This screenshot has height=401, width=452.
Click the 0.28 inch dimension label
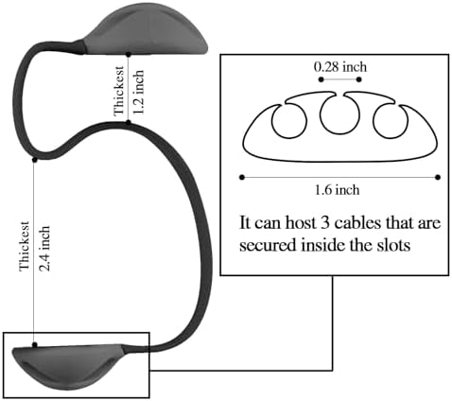(340, 67)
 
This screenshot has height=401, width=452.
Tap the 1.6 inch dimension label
(337, 190)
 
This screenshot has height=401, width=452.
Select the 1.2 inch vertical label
(138, 92)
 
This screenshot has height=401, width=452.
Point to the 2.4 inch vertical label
(43, 249)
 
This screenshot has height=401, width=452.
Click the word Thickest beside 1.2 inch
(119, 91)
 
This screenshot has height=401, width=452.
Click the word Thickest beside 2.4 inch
(25, 246)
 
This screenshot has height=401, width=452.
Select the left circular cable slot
(289, 121)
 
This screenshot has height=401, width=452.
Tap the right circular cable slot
(391, 121)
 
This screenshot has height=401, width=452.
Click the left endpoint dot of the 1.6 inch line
(242, 178)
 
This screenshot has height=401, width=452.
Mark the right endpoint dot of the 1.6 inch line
(438, 178)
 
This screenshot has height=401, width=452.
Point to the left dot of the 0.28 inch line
(321, 79)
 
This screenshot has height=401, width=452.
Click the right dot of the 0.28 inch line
(359, 79)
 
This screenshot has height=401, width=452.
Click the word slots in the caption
(394, 245)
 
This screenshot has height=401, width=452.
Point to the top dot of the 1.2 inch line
(129, 55)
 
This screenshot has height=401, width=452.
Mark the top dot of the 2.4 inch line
(35, 160)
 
